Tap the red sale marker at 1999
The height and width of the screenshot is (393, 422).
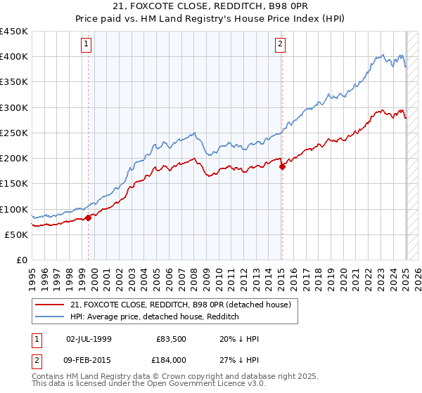(x=89, y=218)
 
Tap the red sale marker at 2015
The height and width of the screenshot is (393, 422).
(x=282, y=167)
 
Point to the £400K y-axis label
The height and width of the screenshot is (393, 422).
(x=14, y=57)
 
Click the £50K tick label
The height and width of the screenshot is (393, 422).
(x=17, y=234)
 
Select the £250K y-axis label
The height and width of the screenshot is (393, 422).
(x=14, y=133)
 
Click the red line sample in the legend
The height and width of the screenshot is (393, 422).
(x=49, y=304)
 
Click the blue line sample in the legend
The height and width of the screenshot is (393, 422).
(x=49, y=317)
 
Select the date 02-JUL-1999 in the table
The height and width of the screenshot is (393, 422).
(x=89, y=339)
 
